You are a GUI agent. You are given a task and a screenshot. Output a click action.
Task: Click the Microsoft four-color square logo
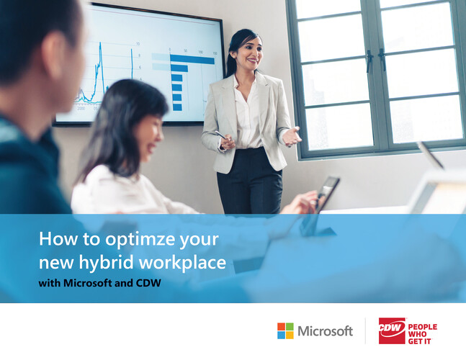point(285,330)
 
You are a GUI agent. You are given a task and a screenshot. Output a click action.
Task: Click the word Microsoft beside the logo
point(325,331)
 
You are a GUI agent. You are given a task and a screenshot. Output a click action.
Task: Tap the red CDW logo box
point(392,330)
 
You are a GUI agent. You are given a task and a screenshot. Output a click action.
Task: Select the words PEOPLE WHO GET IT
point(422,334)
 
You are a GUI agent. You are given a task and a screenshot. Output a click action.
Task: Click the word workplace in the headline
point(182,263)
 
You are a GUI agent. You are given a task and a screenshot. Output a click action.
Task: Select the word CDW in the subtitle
point(148,283)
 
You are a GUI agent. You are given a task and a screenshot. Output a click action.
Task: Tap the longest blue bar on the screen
point(192,60)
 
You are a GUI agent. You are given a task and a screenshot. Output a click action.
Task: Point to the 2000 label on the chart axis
point(81,109)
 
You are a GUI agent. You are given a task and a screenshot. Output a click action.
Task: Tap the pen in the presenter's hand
point(221,135)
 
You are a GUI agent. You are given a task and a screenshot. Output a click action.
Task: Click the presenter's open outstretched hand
point(291,137)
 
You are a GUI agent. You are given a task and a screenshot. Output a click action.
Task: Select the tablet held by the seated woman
point(328,193)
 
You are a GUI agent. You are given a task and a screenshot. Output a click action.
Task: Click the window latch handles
point(376,60)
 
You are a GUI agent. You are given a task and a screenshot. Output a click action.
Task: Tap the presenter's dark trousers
point(250,181)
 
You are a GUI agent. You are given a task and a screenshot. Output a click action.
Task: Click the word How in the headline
point(58,238)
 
